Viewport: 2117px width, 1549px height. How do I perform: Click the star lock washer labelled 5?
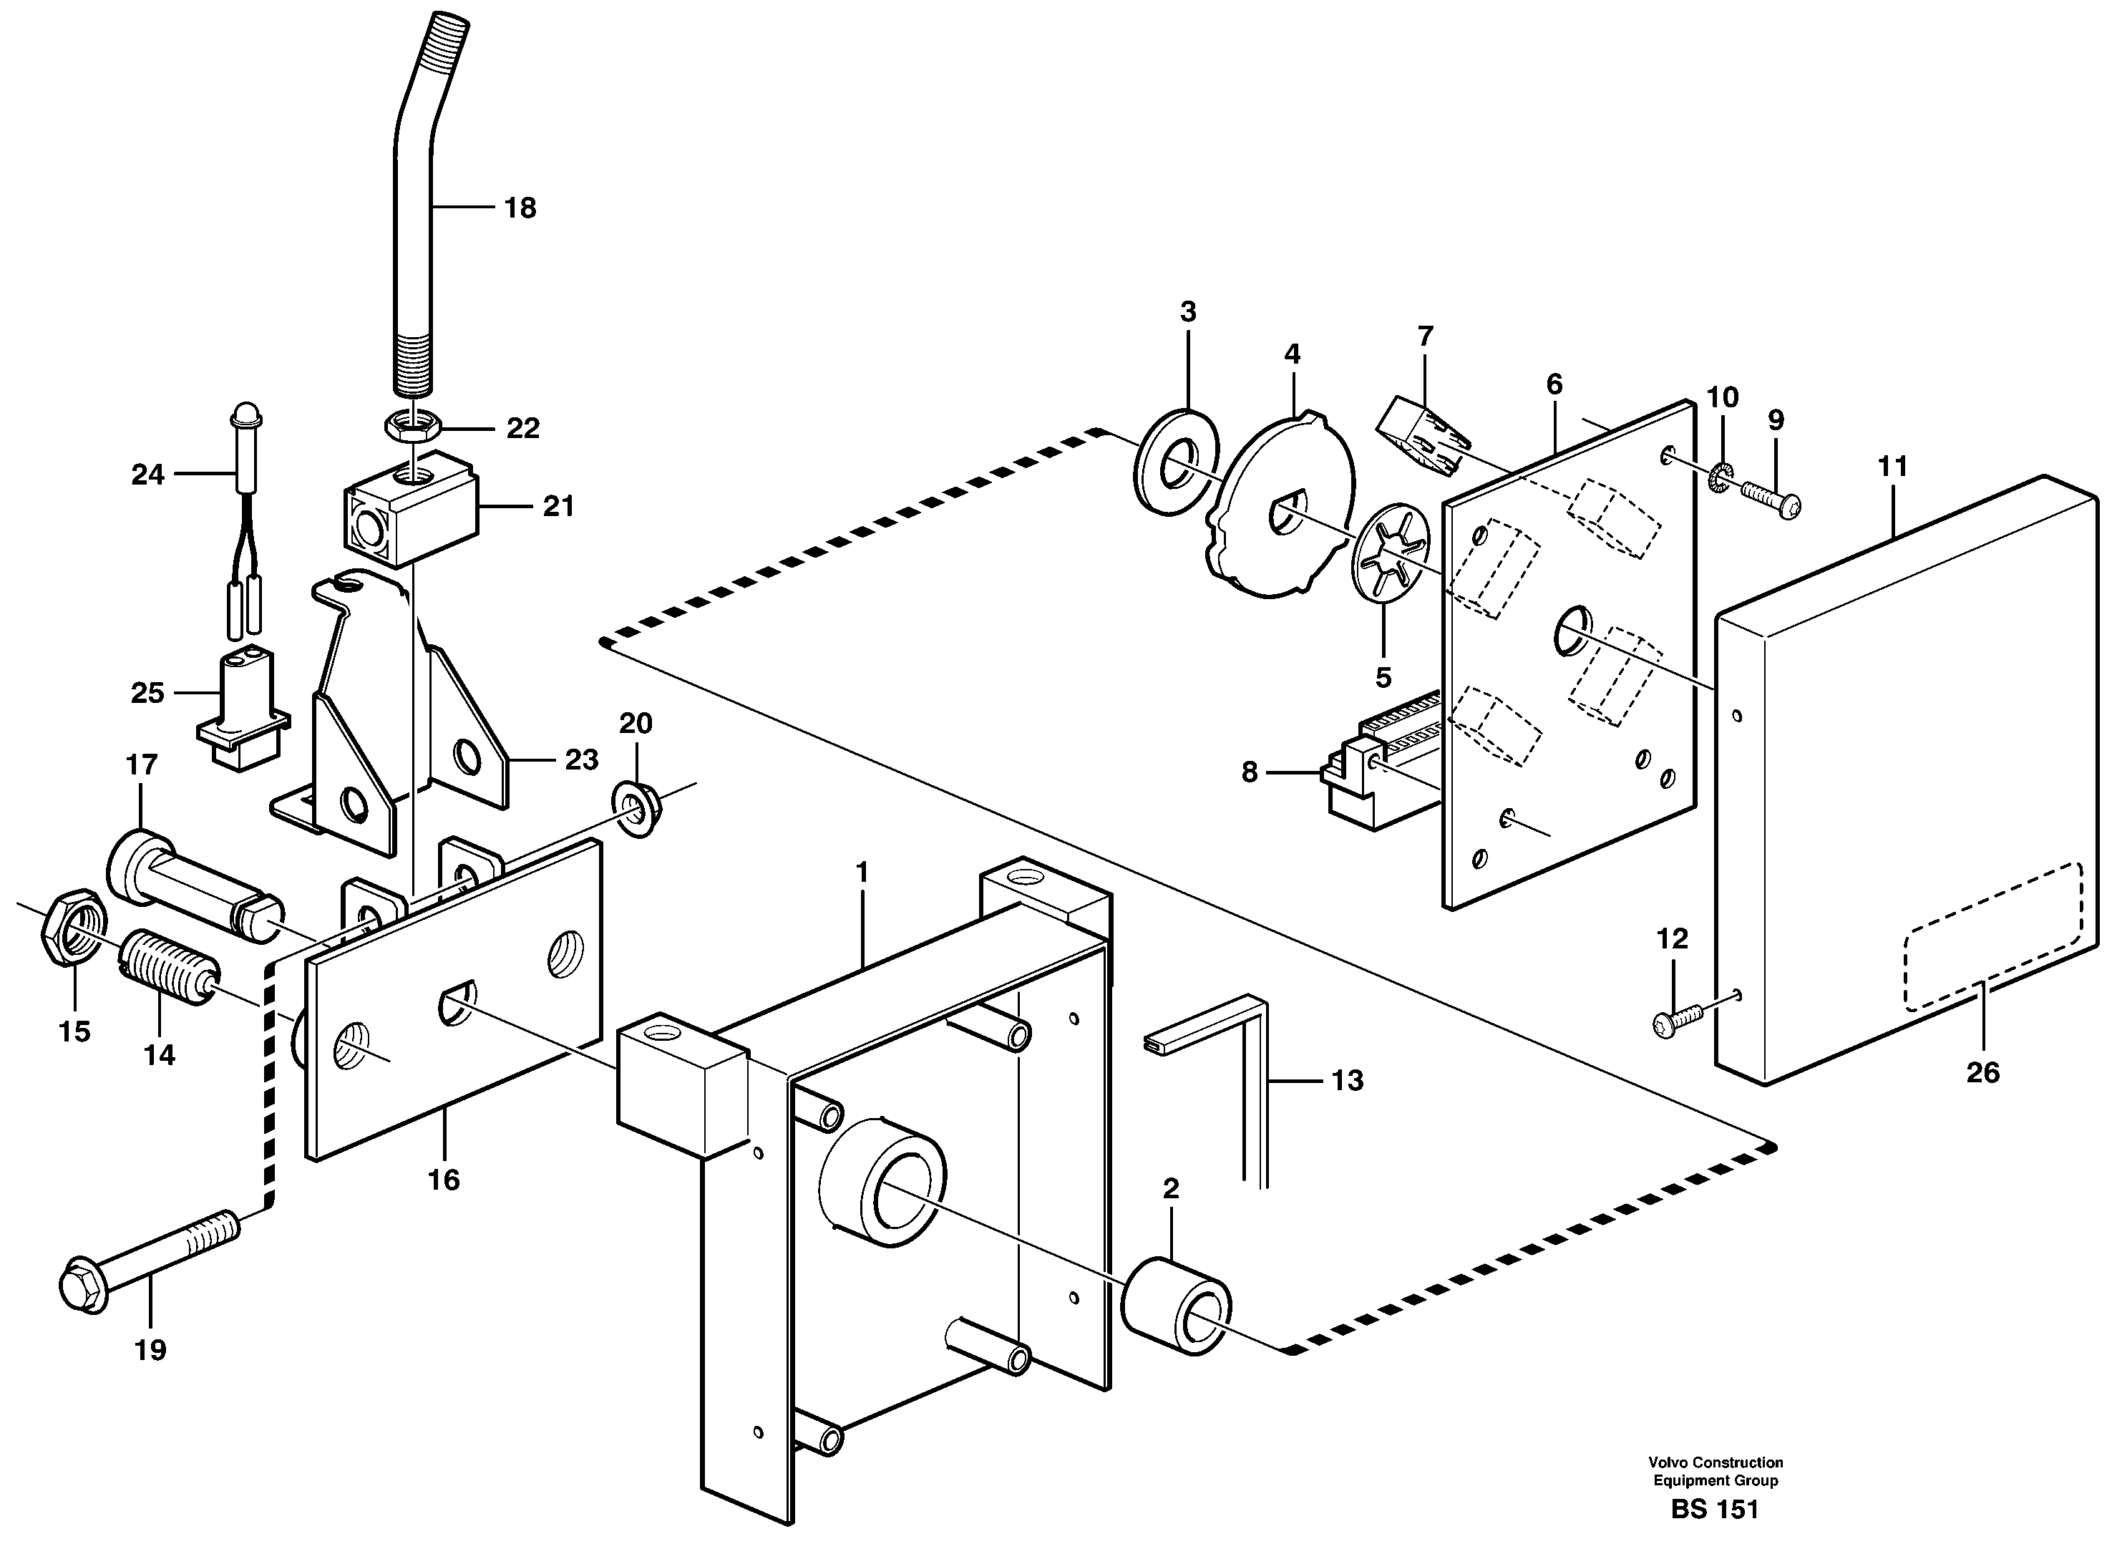click(1391, 565)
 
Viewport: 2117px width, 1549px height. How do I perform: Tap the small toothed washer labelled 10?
click(1721, 479)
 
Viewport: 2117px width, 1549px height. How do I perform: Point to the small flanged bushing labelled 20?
click(638, 809)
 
